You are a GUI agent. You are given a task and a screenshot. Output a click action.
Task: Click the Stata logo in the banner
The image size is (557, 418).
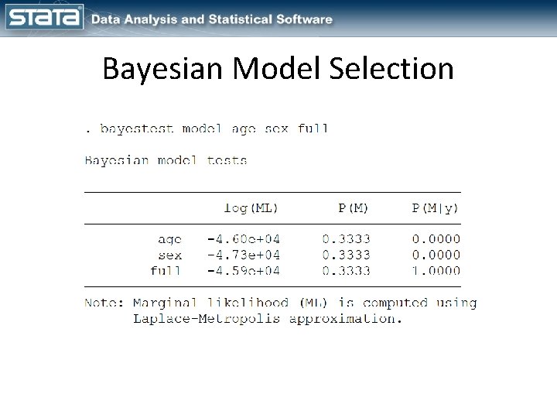click(x=43, y=18)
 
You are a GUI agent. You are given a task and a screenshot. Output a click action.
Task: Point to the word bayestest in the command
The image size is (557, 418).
click(x=137, y=129)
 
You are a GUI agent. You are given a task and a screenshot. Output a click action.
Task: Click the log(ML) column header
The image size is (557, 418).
click(x=251, y=207)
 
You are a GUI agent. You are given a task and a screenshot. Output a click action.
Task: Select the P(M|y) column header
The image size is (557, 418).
click(x=436, y=207)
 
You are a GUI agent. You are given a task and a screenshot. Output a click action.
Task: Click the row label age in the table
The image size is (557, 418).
click(x=169, y=239)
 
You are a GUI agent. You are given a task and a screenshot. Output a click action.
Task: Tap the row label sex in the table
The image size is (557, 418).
click(x=169, y=255)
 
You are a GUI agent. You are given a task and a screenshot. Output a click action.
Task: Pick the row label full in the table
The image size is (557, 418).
click(x=166, y=271)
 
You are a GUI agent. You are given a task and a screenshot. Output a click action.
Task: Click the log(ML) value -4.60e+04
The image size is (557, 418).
click(x=243, y=239)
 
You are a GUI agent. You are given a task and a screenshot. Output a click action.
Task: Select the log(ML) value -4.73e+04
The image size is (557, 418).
click(x=243, y=255)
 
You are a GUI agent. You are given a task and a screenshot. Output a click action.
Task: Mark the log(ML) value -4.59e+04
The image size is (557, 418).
click(x=243, y=271)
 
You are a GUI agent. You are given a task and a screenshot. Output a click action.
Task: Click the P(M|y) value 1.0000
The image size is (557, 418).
click(x=436, y=271)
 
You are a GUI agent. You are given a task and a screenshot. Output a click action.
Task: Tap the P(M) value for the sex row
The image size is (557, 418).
click(x=346, y=255)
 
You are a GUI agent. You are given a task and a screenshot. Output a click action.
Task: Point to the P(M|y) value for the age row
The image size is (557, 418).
click(x=436, y=239)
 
